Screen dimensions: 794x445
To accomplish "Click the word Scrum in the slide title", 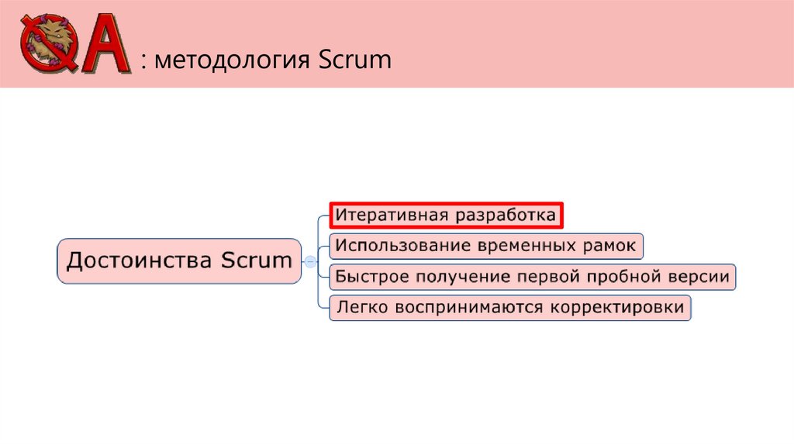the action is pos(354,60).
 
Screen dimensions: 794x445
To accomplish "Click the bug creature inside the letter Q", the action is pos(48,40).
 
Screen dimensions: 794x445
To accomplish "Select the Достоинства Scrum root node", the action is pos(179,260).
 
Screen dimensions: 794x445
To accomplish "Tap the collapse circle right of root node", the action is pos(310,261).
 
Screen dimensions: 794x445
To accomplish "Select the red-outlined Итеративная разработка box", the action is pos(446,216).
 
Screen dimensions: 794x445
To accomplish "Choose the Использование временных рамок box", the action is pos(486,246).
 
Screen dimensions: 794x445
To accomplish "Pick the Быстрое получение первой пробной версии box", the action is pos(532,277).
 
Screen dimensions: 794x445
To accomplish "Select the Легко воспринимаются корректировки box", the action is pos(509,308).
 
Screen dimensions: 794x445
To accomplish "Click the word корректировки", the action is pos(617,308).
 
